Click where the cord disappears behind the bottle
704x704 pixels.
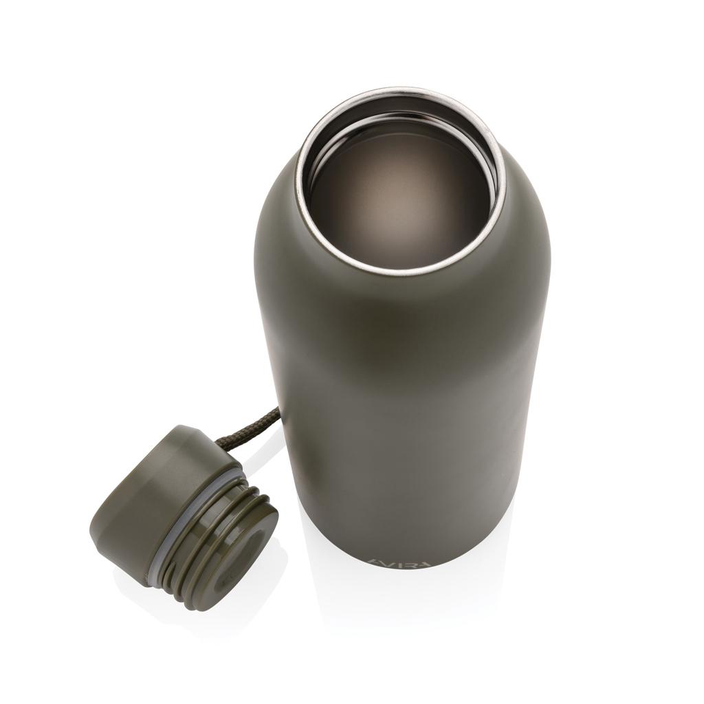(278, 411)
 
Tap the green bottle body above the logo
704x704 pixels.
(406, 412)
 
